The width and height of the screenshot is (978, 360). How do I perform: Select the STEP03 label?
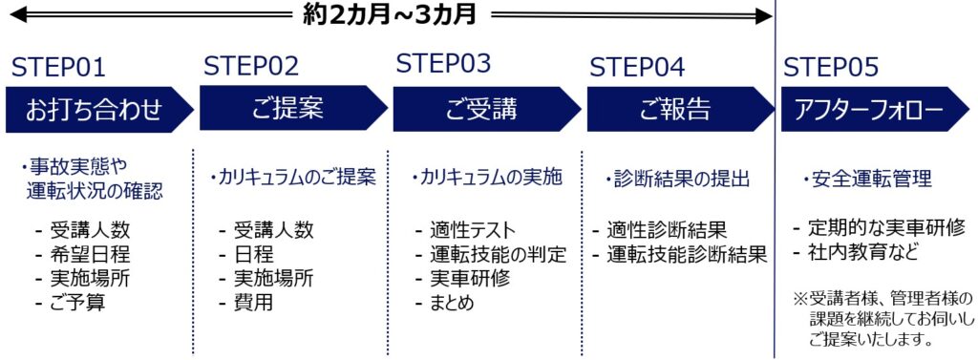(443, 64)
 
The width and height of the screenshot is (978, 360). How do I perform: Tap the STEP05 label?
(831, 67)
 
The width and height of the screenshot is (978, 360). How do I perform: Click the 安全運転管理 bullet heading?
(867, 179)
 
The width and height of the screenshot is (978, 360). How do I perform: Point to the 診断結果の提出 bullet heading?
(679, 179)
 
